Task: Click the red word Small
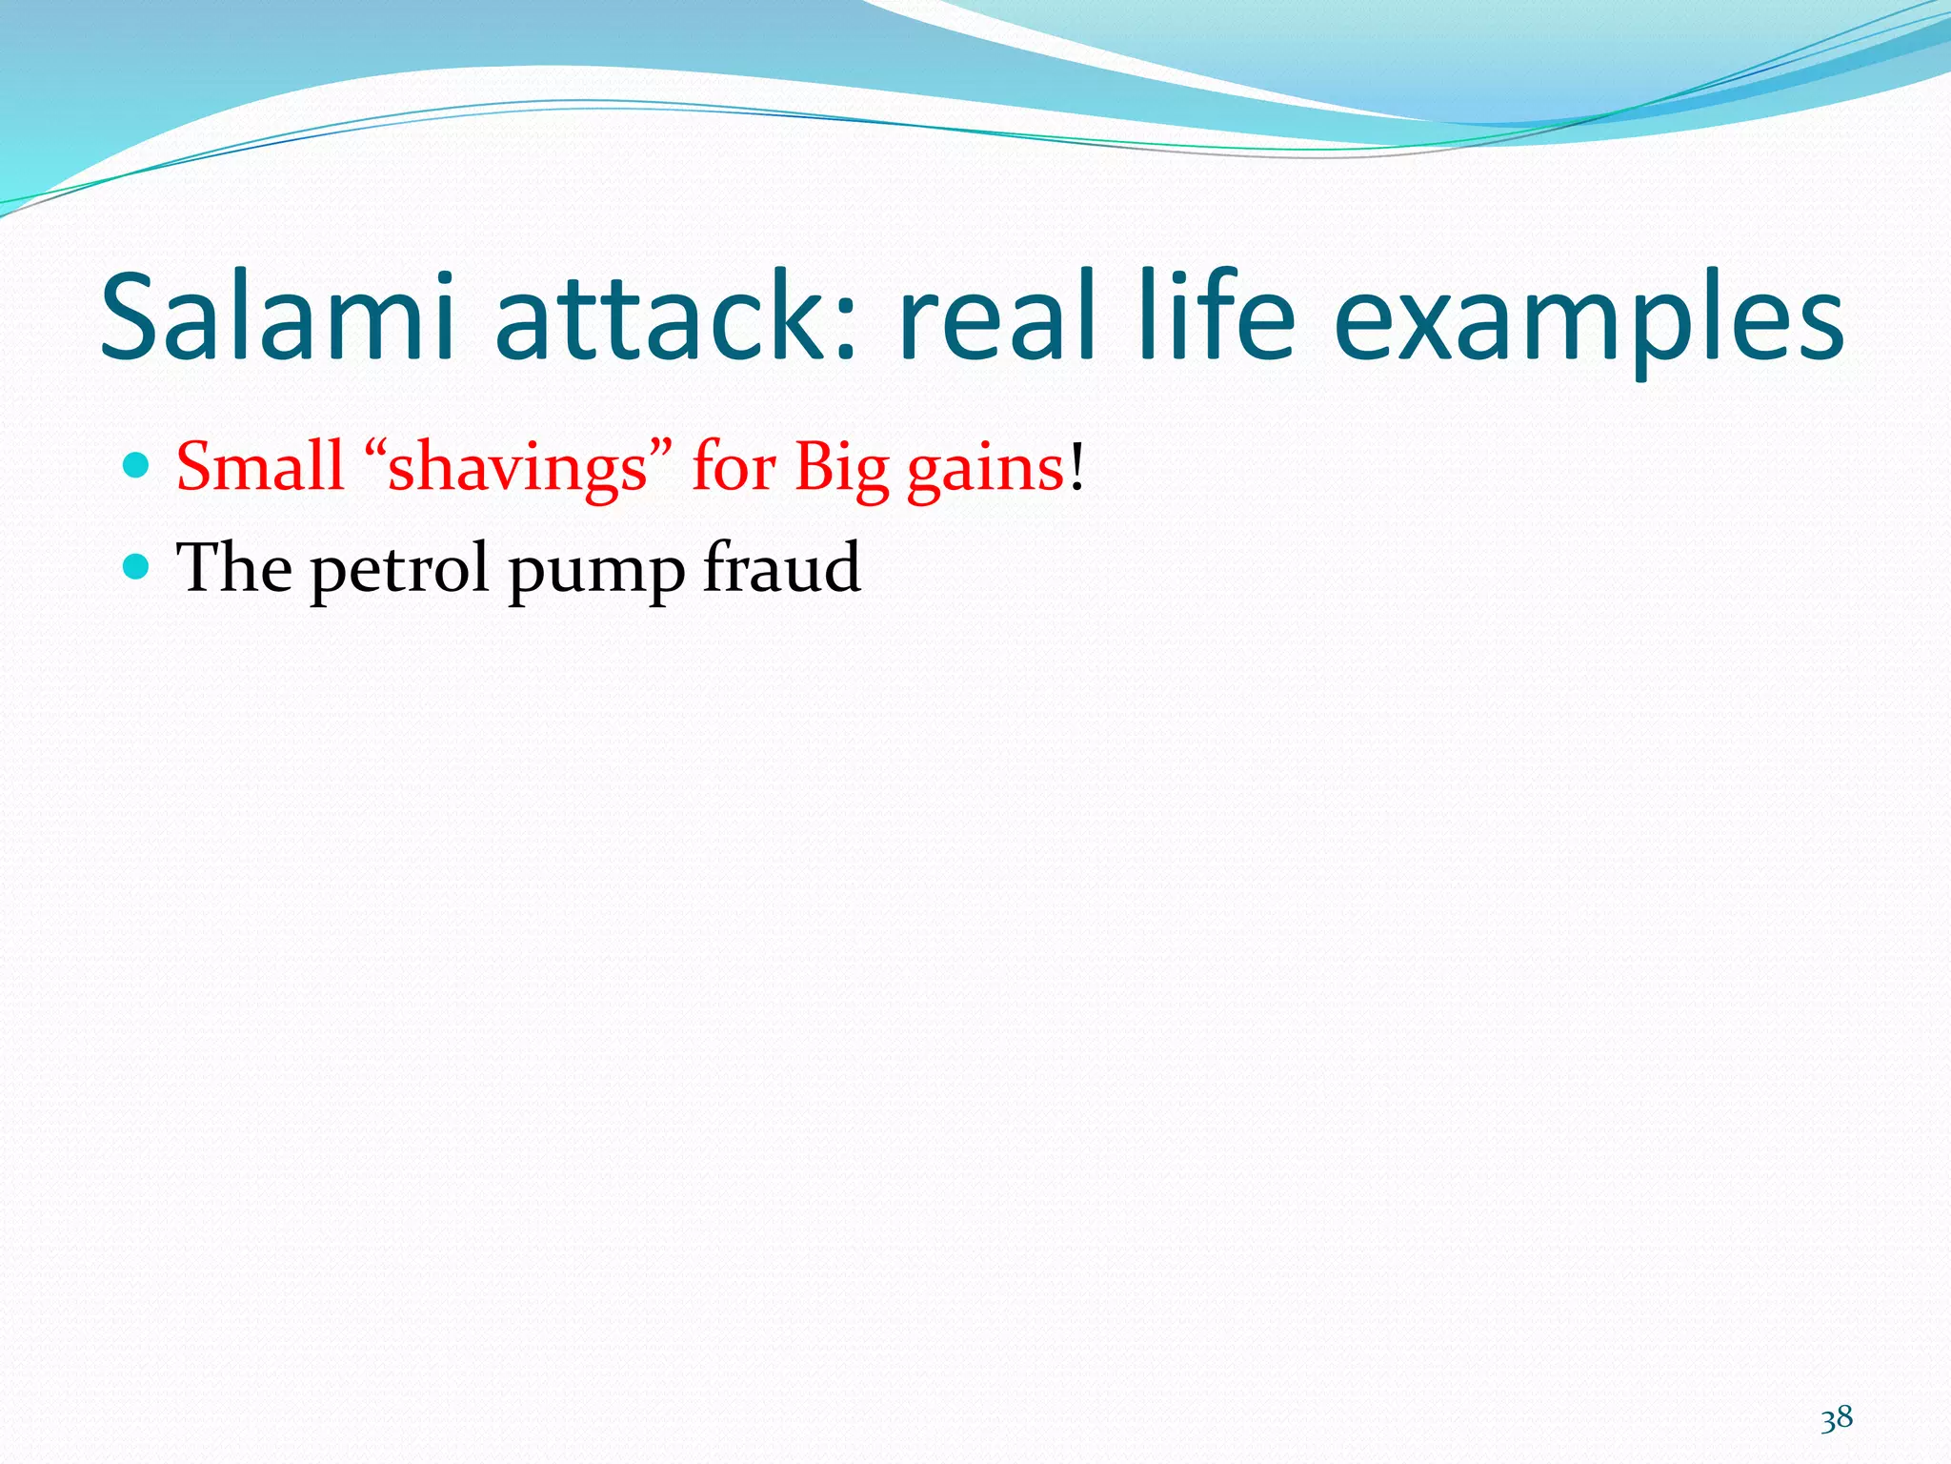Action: [x=259, y=466]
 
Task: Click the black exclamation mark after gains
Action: [x=1076, y=466]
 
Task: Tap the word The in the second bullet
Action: [x=234, y=568]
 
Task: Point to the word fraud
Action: [x=781, y=568]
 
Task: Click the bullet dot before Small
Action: [x=137, y=465]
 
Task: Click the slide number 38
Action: [x=1836, y=1418]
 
